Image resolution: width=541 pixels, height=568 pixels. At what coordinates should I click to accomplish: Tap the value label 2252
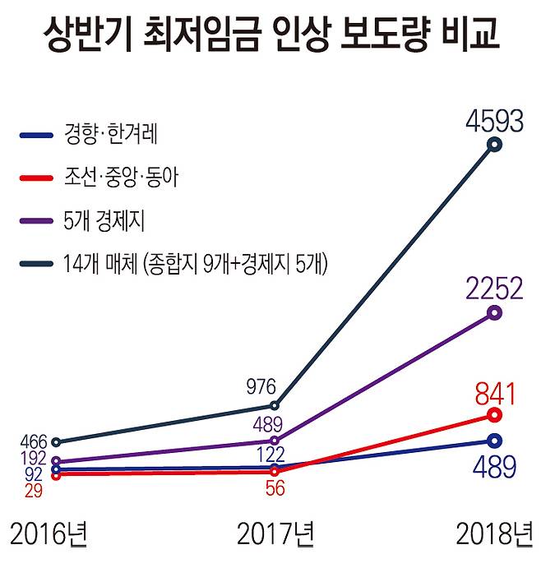coord(493,289)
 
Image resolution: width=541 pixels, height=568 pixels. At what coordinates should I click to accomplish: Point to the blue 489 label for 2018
coord(494,466)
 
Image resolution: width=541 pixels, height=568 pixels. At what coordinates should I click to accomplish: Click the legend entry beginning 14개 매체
coord(195,264)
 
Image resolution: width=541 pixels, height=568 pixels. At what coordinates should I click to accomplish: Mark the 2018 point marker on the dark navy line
coord(494,145)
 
